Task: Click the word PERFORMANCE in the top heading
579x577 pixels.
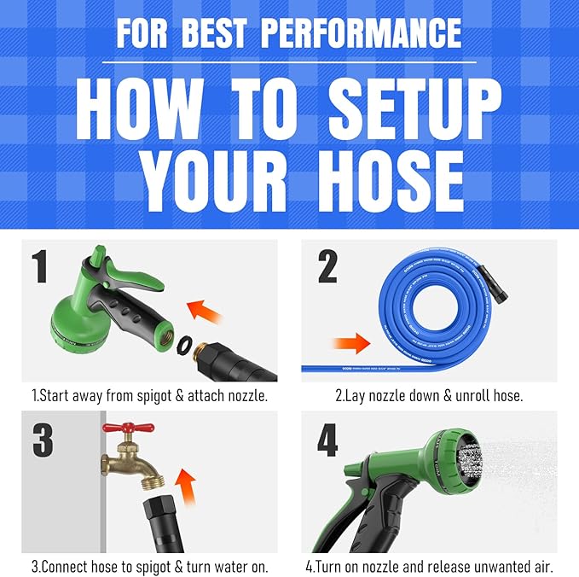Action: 361,32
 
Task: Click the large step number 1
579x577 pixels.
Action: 38,266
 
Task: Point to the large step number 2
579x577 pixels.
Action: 327,268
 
